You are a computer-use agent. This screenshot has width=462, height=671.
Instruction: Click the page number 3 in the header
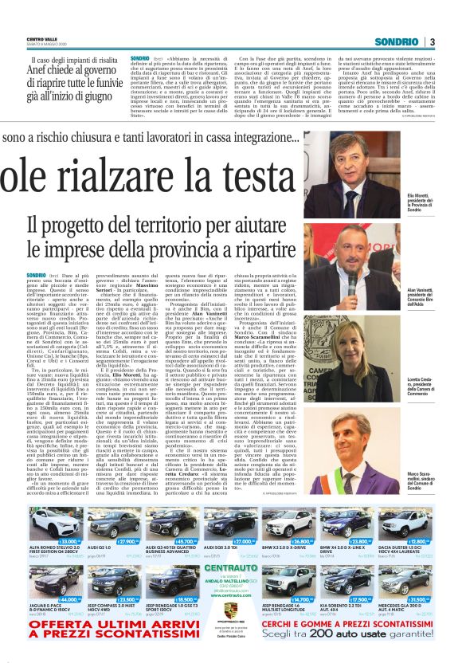[432, 41]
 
